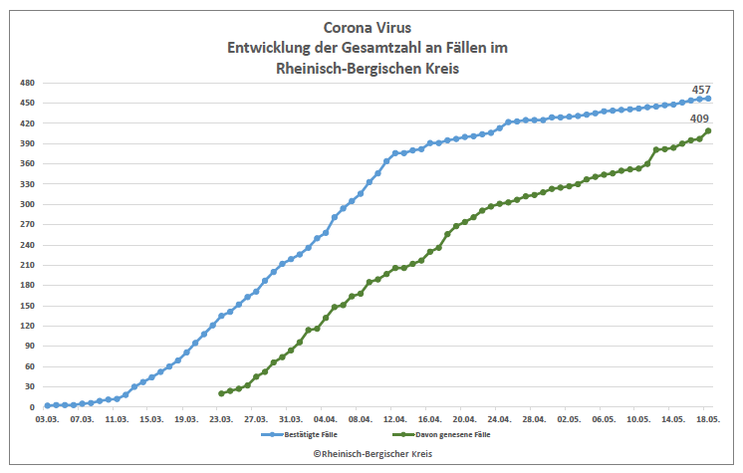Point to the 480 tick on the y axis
coord(27,83)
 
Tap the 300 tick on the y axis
coord(27,204)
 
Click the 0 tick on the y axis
coord(32,407)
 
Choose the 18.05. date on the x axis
coord(708,420)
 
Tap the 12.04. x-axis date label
coord(395,420)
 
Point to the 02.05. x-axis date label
coord(569,420)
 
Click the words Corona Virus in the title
coord(371,28)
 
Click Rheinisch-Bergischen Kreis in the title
coord(371,68)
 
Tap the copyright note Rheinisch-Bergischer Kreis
coord(371,453)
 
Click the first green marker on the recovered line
coord(221,393)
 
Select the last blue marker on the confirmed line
coord(708,98)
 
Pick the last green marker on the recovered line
coord(708,130)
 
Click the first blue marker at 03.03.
coord(48,405)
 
